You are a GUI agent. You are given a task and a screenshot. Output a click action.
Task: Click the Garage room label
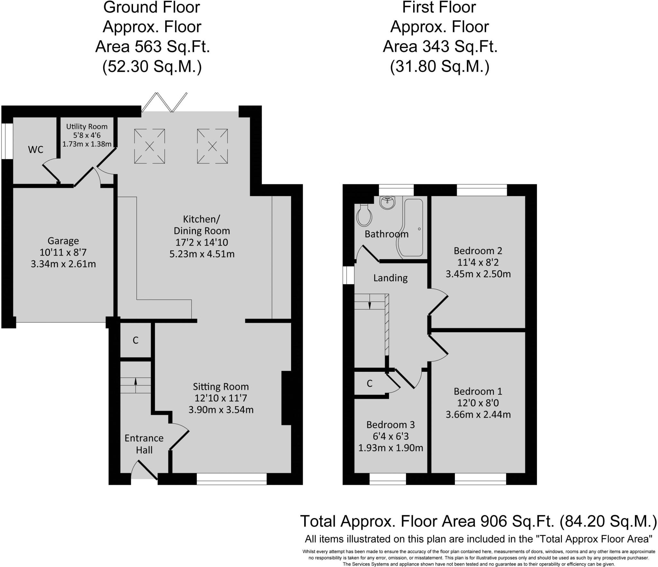click(x=63, y=241)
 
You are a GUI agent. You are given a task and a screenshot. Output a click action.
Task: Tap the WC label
click(x=36, y=150)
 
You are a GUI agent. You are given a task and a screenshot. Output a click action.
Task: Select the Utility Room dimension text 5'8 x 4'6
click(x=87, y=135)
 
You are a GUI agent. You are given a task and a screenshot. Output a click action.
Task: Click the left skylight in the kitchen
click(x=149, y=146)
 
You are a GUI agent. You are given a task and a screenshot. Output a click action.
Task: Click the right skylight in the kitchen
click(x=212, y=146)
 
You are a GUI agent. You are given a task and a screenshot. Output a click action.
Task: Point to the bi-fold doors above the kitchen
click(x=164, y=102)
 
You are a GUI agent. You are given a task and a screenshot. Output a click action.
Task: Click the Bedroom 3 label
click(x=390, y=425)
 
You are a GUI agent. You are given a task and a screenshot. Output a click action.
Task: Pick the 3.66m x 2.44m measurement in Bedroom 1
click(x=478, y=414)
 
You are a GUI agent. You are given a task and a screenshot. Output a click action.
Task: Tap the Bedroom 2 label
click(x=478, y=251)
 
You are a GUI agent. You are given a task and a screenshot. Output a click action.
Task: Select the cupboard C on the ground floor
click(x=136, y=340)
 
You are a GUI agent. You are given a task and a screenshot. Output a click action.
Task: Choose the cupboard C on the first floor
click(x=369, y=383)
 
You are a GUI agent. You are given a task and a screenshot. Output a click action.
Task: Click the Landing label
click(x=390, y=278)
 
